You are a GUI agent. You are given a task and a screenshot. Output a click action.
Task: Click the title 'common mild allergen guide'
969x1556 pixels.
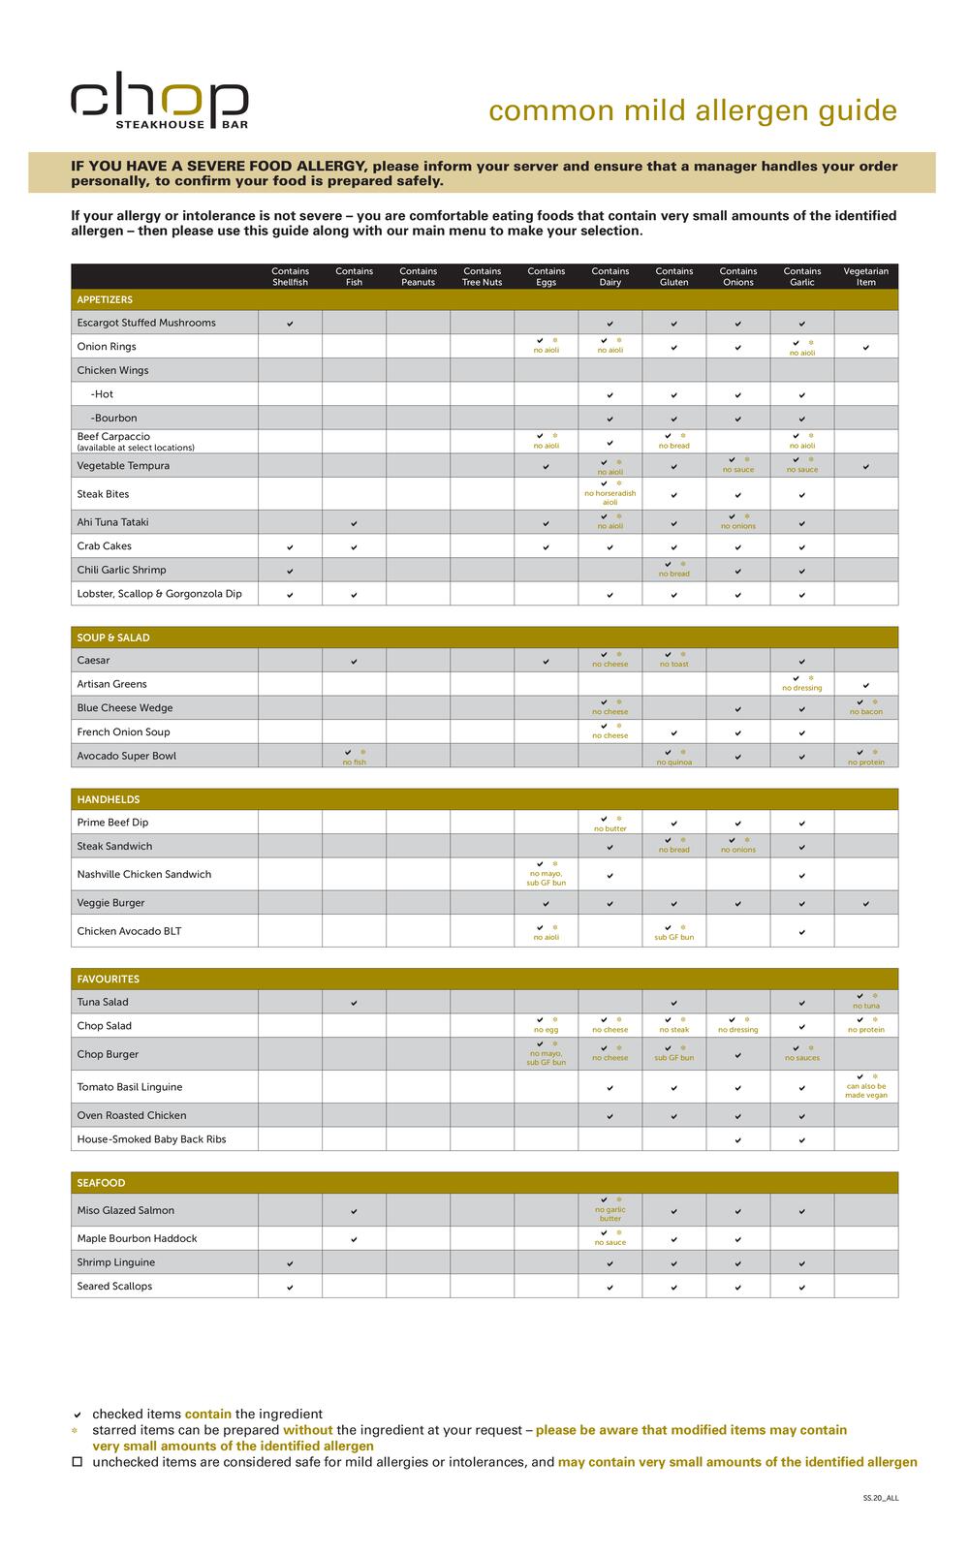coord(693,110)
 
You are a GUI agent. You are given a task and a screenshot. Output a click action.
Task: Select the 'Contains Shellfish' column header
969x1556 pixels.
coord(290,277)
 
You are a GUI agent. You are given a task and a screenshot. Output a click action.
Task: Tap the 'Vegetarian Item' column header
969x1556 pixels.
coord(865,277)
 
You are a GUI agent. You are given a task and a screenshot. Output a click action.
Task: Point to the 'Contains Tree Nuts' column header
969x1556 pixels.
coord(482,277)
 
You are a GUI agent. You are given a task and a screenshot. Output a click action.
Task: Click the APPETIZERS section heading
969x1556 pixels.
coord(105,300)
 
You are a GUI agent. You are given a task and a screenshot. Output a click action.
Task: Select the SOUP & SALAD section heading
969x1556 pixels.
coord(113,638)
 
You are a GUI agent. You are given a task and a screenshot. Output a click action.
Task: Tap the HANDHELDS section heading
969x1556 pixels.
coord(109,799)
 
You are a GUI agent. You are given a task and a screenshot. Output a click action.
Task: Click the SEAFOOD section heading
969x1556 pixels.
coord(102,1183)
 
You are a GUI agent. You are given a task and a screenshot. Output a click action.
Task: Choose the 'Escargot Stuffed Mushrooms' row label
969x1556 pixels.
coord(146,323)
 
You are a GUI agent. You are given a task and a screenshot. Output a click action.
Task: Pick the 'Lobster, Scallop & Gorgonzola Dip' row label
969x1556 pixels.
coord(160,594)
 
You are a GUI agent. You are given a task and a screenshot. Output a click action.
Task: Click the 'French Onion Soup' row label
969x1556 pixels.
coord(124,732)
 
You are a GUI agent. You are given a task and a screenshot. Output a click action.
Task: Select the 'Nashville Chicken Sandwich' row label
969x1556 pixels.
coord(144,874)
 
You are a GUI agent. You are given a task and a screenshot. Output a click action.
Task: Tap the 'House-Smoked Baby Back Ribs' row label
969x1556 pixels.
coord(152,1139)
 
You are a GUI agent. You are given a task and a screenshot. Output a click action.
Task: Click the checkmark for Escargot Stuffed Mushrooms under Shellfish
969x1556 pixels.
coord(290,324)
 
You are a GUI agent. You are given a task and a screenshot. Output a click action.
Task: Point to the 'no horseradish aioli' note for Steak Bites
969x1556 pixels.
coord(610,498)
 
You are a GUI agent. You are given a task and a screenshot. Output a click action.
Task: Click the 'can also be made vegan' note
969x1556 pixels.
coord(865,1091)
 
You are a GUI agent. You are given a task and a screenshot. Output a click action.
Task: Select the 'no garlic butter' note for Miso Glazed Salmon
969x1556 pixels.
coord(610,1214)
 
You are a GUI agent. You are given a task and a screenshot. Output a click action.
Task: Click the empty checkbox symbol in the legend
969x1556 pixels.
coord(78,1462)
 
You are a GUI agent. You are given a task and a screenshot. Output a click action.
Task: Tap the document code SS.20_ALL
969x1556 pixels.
coord(880,1498)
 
